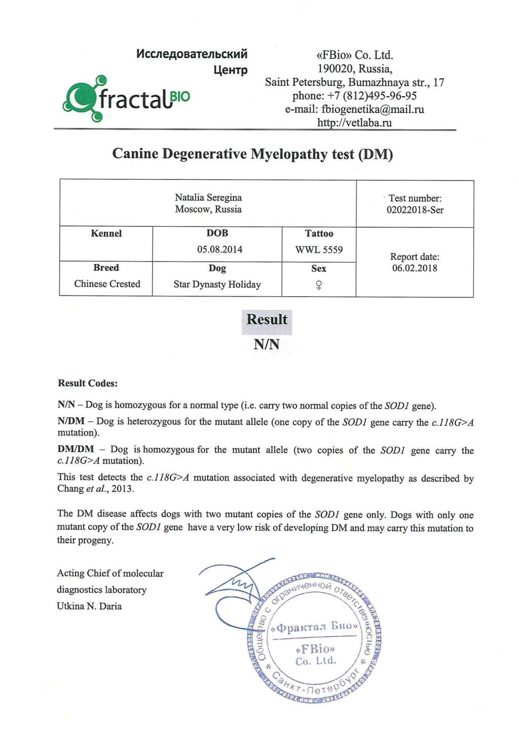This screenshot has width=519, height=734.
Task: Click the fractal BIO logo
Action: [x=126, y=98]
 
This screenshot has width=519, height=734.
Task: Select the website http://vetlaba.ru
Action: [x=354, y=123]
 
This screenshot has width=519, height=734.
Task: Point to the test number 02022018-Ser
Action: [x=415, y=210]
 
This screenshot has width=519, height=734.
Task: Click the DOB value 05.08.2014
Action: [x=219, y=249]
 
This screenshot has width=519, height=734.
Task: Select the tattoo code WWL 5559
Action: [x=319, y=250]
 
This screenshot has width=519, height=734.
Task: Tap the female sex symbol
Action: [x=319, y=285]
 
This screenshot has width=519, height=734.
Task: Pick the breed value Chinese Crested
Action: [x=107, y=284]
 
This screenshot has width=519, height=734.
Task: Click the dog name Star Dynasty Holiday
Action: [x=217, y=284]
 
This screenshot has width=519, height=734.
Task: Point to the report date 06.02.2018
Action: [x=415, y=268]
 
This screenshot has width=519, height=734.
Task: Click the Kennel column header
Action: [x=106, y=234]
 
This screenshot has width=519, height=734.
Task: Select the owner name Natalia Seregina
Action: [x=208, y=198]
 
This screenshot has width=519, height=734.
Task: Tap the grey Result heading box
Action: [x=267, y=320]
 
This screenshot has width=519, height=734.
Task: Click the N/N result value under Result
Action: [x=267, y=345]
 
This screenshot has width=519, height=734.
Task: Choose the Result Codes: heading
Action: [x=88, y=383]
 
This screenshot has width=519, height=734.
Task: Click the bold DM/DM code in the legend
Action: [x=76, y=449]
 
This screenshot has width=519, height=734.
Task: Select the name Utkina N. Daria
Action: [x=89, y=606]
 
